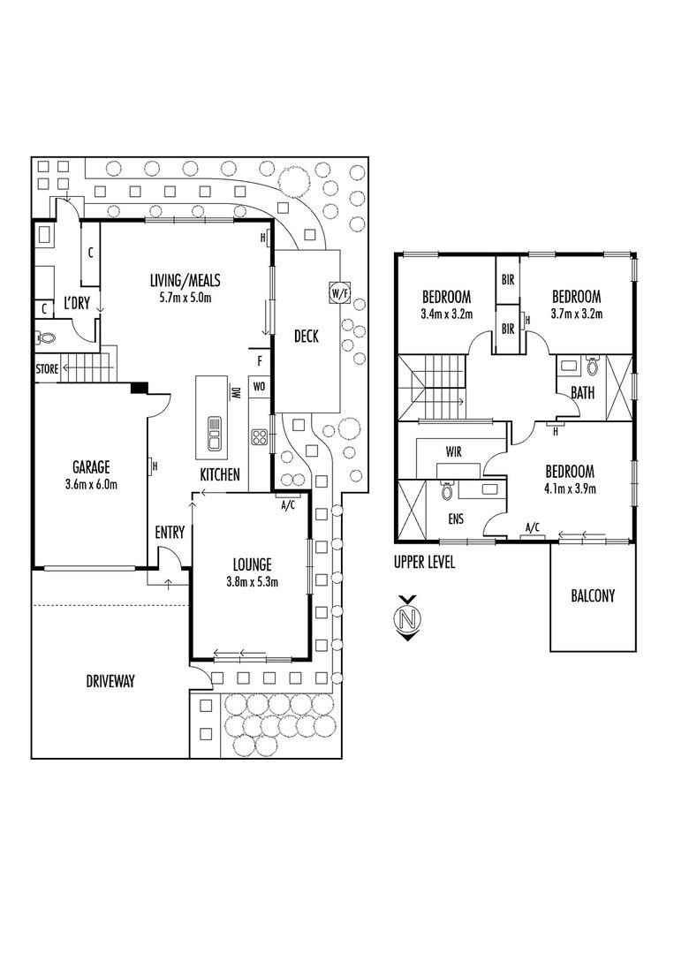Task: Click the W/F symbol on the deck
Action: click(x=339, y=292)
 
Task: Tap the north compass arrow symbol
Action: click(x=408, y=618)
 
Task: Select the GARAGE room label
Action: click(x=91, y=466)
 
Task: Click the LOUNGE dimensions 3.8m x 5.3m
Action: click(x=252, y=581)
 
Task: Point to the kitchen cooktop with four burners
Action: click(x=260, y=437)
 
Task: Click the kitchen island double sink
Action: click(x=215, y=433)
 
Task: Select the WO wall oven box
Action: click(x=259, y=386)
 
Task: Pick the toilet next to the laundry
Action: click(x=45, y=337)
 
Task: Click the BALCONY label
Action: click(x=593, y=595)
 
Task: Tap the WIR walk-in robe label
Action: click(x=454, y=451)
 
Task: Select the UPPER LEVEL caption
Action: click(x=424, y=562)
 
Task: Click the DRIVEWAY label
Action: click(x=110, y=681)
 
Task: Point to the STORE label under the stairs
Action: click(x=47, y=368)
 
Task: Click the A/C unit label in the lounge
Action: click(x=288, y=504)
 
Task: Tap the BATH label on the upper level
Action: click(x=583, y=392)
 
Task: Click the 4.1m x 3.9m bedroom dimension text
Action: click(x=570, y=488)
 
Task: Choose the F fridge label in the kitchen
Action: click(x=260, y=361)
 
